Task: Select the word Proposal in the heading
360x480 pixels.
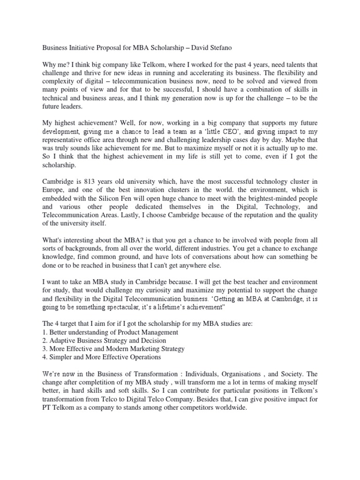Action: pyautogui.click(x=112, y=47)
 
